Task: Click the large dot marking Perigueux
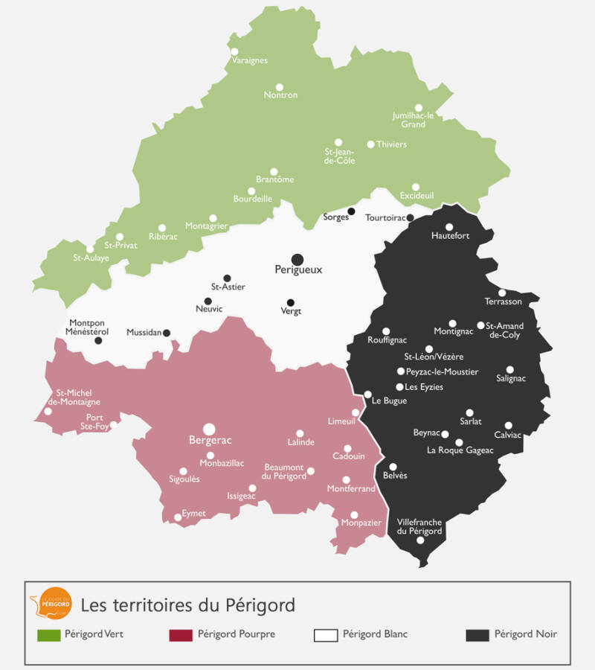[297, 258]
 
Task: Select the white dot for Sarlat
[469, 412]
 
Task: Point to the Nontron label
[280, 95]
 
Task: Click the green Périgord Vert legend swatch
[48, 635]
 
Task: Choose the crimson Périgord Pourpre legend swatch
[181, 635]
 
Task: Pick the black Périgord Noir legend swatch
[477, 635]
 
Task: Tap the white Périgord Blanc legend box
[325, 635]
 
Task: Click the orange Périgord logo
[51, 604]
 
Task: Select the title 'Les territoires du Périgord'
[187, 604]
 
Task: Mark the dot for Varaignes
[234, 51]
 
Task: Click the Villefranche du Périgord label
[419, 526]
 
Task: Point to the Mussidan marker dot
[167, 333]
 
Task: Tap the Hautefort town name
[451, 236]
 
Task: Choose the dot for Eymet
[178, 517]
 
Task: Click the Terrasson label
[504, 301]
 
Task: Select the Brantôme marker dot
[274, 172]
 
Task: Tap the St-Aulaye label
[91, 258]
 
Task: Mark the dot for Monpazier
[354, 515]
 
